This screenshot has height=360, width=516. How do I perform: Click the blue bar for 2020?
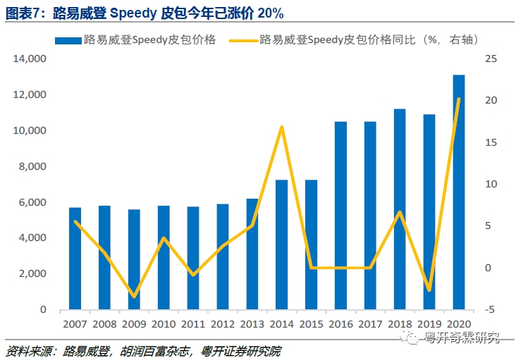click(459, 192)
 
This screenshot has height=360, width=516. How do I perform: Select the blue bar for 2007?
click(75, 258)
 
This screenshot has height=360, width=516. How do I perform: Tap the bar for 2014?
click(281, 244)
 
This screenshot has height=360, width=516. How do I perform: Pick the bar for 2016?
click(340, 215)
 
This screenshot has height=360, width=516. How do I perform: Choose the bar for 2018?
click(400, 209)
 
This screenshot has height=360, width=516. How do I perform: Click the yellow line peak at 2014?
click(282, 127)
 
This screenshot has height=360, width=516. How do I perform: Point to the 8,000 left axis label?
click(33, 166)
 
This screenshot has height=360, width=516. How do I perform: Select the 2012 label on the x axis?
click(223, 324)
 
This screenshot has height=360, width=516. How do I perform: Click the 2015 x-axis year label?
click(312, 324)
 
